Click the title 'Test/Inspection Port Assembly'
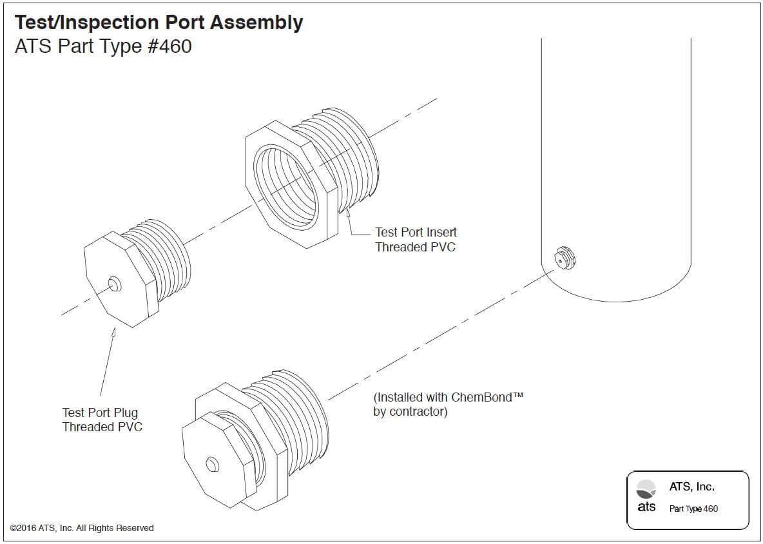[159, 23]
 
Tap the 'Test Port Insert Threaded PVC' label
[416, 239]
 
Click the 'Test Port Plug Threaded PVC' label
[102, 420]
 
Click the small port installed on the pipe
[565, 257]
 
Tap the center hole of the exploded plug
[114, 283]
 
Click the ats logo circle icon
[646, 489]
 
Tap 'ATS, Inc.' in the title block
[691, 487]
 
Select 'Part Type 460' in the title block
[693, 509]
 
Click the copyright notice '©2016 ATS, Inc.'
[82, 528]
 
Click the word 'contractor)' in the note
[410, 412]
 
